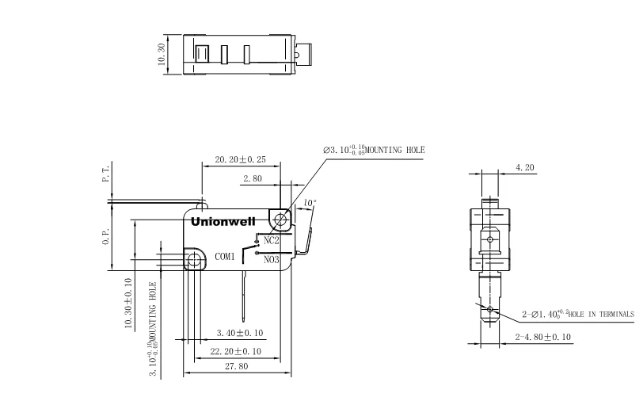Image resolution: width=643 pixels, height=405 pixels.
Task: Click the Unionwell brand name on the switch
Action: point(223,222)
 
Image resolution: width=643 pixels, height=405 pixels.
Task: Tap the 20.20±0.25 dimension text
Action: point(242,159)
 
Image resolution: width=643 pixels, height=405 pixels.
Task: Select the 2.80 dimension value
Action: point(253,180)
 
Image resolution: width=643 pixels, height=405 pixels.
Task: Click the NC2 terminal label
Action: point(270,239)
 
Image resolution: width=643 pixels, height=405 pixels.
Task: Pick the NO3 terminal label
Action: point(271,259)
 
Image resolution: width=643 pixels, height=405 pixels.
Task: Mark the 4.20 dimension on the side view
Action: point(525,168)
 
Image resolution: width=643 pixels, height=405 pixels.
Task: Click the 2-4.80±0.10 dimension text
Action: point(544,338)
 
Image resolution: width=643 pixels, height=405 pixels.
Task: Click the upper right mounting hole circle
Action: point(279,217)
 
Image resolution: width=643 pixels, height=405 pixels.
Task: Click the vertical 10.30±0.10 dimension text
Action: point(128,305)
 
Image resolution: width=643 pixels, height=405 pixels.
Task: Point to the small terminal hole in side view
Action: point(491,309)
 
